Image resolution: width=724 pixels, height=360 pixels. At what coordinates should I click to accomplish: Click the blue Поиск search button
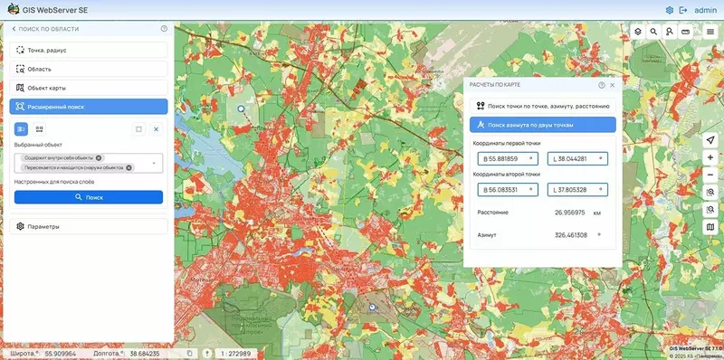(89, 196)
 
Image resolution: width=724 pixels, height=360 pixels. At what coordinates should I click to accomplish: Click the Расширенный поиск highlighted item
(89, 107)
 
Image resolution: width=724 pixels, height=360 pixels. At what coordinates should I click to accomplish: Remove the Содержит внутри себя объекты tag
(100, 157)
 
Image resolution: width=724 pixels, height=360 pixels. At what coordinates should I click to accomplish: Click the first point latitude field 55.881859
(507, 159)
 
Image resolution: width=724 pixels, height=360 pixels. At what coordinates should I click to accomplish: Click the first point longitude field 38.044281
(577, 159)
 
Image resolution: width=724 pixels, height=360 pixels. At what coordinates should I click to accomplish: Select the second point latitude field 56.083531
(507, 190)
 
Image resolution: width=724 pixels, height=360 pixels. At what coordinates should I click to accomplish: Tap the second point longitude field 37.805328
(577, 190)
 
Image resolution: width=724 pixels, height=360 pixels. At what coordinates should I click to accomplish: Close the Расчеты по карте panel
(613, 85)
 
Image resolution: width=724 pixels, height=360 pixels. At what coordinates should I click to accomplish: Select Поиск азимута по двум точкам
(541, 125)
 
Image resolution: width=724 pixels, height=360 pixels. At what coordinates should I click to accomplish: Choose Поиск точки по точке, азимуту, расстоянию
(541, 106)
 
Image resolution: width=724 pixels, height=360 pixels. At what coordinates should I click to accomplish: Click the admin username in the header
(706, 10)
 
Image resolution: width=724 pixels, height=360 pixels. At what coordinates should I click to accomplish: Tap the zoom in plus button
(711, 157)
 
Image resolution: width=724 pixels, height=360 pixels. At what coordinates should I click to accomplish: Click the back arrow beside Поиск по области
(14, 29)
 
